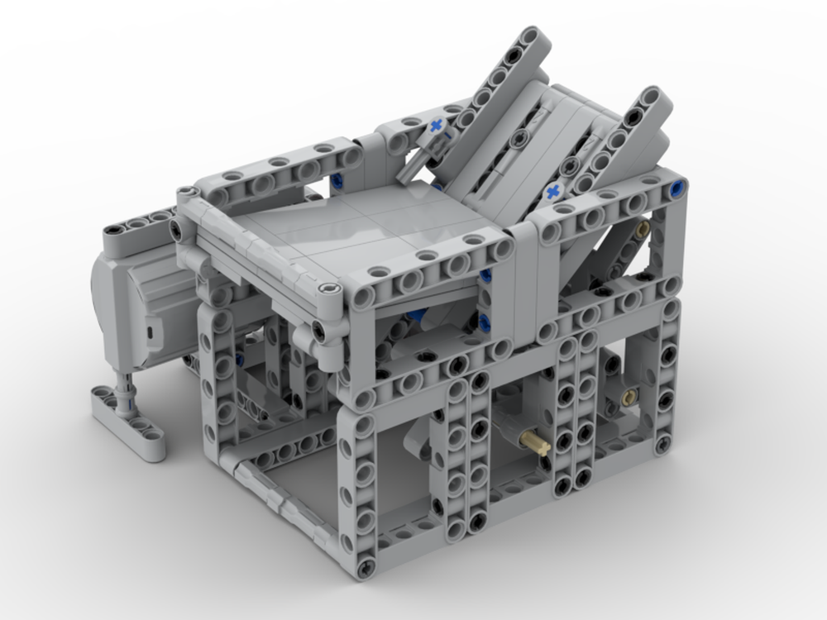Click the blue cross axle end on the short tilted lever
pos(436,126)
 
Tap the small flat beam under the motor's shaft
pos(128,422)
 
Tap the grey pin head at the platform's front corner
pos(329,289)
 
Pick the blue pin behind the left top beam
pos(339,181)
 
